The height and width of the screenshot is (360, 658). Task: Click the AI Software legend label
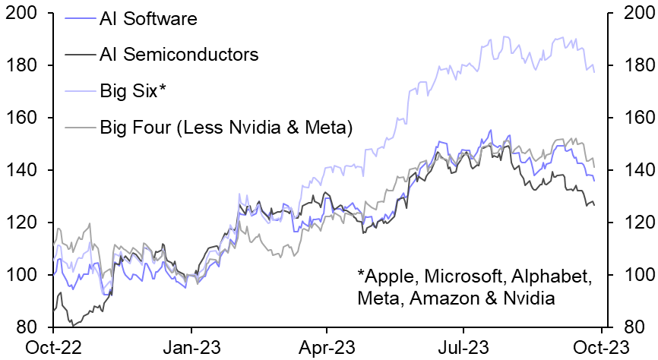(147, 19)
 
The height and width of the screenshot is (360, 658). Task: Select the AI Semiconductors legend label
(179, 54)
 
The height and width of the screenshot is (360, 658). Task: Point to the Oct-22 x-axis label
(54, 347)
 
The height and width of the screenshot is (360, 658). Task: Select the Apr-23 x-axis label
(326, 347)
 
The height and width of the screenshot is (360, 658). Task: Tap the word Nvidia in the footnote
(530, 298)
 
